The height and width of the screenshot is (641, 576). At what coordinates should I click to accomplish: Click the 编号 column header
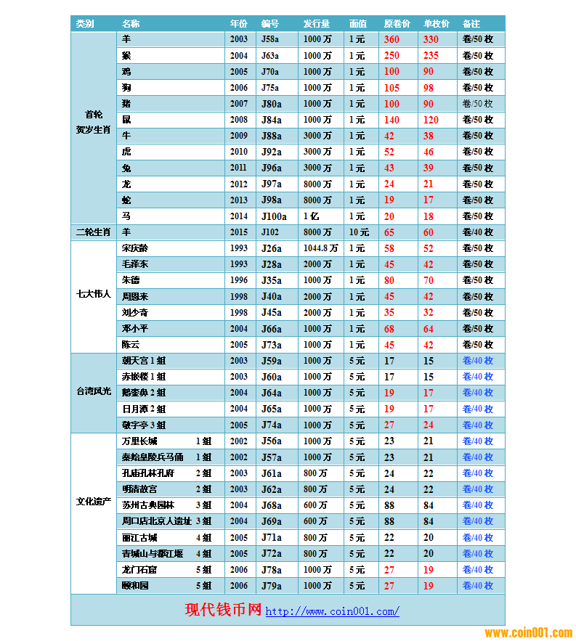pos(269,24)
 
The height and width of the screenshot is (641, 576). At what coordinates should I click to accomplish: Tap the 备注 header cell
pos(471,24)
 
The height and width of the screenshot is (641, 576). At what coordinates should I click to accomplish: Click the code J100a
pos(274,216)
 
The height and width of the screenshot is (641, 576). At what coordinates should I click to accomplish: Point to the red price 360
pos(392,40)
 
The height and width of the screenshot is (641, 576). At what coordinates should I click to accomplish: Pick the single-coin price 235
pos(431,56)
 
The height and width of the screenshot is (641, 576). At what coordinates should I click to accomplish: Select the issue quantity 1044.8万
pos(320,248)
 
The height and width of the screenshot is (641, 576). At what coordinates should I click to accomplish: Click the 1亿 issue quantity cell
pos(311,216)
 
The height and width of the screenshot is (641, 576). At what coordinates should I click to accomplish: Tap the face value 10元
pos(358,232)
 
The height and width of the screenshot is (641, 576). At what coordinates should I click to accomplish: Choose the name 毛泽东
pos(135,264)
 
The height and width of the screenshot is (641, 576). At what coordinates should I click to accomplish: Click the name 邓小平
pos(135,329)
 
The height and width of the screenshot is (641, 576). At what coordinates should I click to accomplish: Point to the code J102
pos(270,232)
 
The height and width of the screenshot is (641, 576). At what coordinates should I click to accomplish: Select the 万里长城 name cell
pos(139,441)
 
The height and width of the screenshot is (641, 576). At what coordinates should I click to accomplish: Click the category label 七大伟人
pos(94,295)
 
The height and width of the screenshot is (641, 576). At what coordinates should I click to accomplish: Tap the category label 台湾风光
pos(94,392)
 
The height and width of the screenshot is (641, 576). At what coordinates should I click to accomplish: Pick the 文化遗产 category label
pos(94,502)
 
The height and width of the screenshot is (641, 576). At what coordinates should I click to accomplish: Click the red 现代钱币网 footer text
pos(223,610)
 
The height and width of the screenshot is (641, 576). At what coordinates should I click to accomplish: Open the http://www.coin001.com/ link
pos(332,611)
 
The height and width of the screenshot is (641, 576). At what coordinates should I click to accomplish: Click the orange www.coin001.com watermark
pos(528,633)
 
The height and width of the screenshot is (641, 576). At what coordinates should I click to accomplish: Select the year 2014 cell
pos(239,216)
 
